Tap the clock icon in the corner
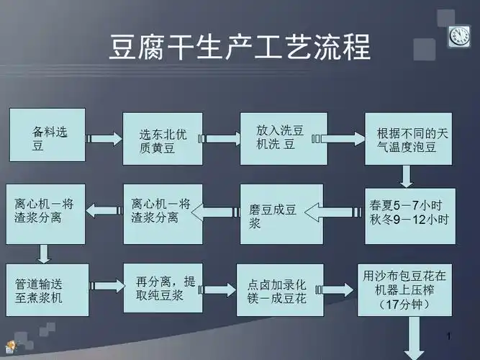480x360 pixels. click(459, 35)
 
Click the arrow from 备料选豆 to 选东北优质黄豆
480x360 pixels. click(104, 138)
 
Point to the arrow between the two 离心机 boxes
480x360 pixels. click(104, 209)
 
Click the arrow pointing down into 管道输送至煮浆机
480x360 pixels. click(44, 252)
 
